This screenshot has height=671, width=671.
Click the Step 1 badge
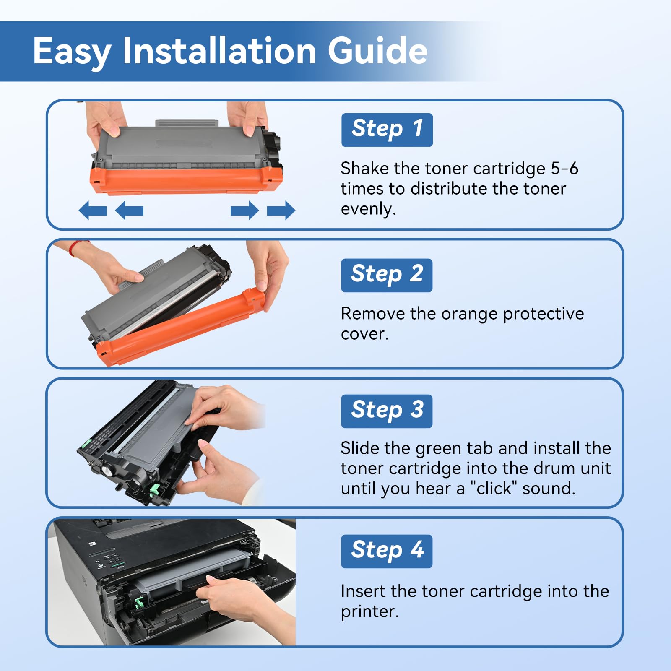coord(387,130)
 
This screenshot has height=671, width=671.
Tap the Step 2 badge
coord(386,275)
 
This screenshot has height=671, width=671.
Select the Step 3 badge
coord(386,411)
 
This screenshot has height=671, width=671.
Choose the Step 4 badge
coord(386,551)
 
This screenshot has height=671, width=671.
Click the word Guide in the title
coord(377,51)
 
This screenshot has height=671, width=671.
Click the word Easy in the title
coord(72,52)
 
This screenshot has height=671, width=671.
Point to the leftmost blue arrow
coord(93,210)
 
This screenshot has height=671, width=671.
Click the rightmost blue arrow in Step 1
coord(281,210)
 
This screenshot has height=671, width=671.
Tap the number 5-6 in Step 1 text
coord(564,169)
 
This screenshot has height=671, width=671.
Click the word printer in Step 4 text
coord(369,612)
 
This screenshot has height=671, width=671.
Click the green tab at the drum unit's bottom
coord(154,488)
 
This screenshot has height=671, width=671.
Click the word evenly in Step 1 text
coord(367,209)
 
